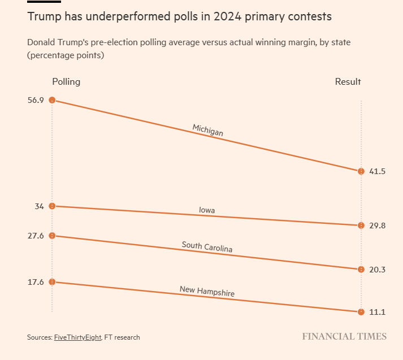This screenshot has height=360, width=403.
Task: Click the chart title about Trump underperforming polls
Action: coord(179,17)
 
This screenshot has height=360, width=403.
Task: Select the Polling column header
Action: coord(66,81)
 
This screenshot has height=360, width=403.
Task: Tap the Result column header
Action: coord(348,81)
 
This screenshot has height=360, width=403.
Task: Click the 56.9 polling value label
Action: coord(35,100)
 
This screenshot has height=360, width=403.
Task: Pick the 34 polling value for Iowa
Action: coord(39,206)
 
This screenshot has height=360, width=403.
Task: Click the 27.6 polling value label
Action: coord(35,236)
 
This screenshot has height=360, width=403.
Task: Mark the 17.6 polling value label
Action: coord(35,282)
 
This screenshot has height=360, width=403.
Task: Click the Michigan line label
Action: coord(207,130)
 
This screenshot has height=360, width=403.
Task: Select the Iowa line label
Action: coord(207,210)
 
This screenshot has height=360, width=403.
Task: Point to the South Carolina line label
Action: coord(207,246)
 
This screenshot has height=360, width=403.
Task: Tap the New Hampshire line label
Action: coord(207,291)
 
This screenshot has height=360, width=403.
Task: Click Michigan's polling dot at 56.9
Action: coord(52,100)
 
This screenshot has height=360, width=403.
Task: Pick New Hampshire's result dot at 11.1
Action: coord(361,312)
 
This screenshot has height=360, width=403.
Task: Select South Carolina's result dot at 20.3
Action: coord(361,270)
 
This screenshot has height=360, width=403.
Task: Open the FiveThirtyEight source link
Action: coord(77,337)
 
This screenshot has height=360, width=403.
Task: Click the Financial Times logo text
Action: coord(344,336)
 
